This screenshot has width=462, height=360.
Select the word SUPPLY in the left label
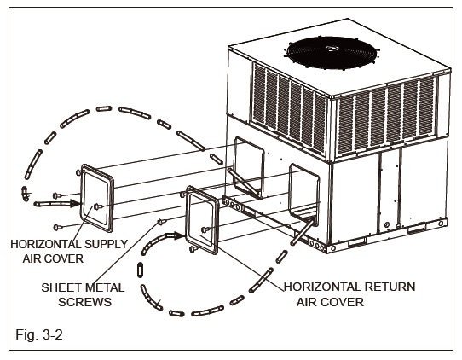(x=100, y=244)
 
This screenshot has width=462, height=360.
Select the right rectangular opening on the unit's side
(x=305, y=189)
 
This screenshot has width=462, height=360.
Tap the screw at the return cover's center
(x=205, y=229)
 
